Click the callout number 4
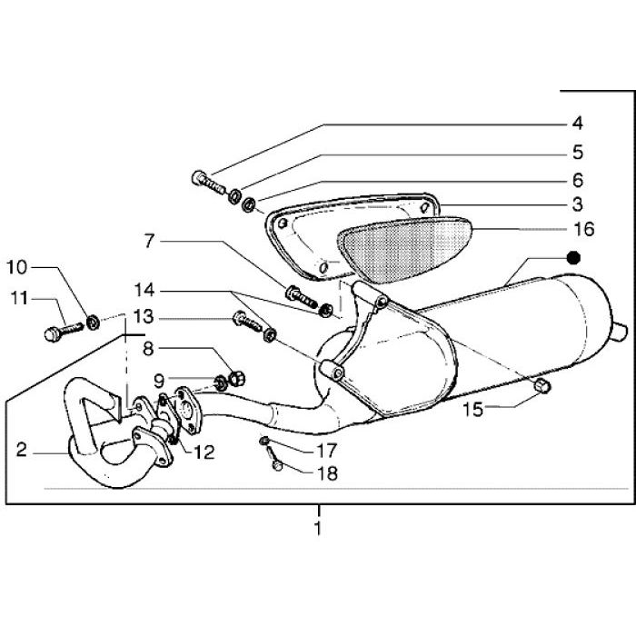point(578,123)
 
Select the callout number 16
point(584,229)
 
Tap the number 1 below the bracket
point(318,528)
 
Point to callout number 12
point(204,452)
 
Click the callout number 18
point(326,473)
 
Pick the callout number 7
point(150,241)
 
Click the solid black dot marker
point(573,258)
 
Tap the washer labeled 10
point(94,322)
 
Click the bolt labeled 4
point(208,183)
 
